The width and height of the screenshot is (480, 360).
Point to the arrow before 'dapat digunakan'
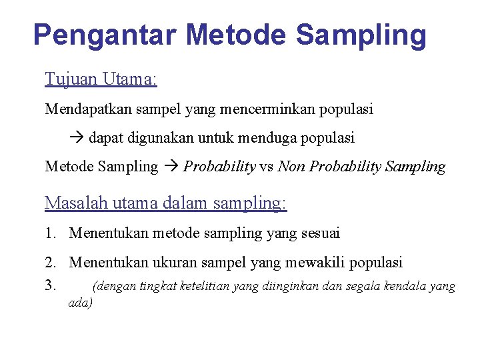pos(77,138)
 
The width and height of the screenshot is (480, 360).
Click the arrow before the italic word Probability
pos(171,167)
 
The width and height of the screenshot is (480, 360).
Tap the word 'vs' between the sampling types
pos(267,167)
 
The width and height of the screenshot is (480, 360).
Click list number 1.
pos(51,233)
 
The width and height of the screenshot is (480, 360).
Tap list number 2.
pos(51,263)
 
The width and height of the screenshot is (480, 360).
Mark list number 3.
pos(51,286)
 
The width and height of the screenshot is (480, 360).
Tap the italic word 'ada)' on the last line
pos(81,303)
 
